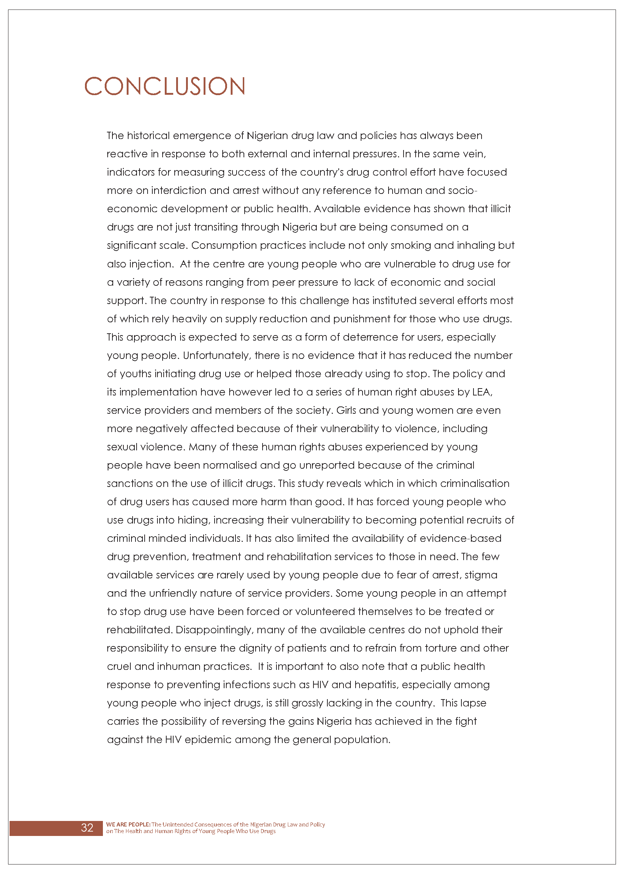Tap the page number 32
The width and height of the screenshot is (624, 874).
click(x=87, y=828)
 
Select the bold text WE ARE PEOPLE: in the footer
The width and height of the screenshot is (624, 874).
click(x=128, y=824)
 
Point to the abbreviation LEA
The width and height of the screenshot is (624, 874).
click(x=482, y=392)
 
